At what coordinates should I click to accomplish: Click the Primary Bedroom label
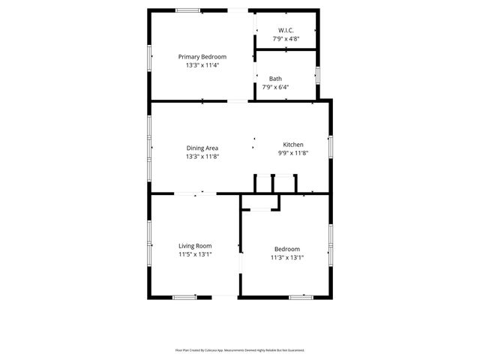pyautogui.click(x=202, y=56)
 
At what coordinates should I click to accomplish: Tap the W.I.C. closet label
pyautogui.click(x=286, y=29)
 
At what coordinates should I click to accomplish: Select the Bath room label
pyautogui.click(x=275, y=78)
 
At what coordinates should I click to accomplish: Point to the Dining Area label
pyautogui.click(x=202, y=148)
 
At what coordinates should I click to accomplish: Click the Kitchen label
pyautogui.click(x=292, y=144)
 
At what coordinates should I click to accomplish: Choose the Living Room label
pyautogui.click(x=195, y=245)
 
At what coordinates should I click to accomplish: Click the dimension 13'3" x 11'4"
pyautogui.click(x=202, y=65)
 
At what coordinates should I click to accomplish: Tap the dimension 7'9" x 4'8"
pyautogui.click(x=286, y=38)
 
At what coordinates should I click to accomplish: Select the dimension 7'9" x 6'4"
pyautogui.click(x=275, y=87)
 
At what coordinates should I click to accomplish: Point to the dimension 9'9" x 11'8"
pyautogui.click(x=292, y=153)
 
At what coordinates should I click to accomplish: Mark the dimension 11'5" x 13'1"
pyautogui.click(x=195, y=254)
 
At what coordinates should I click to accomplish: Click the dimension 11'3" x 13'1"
pyautogui.click(x=286, y=258)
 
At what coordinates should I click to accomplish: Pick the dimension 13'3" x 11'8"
pyautogui.click(x=202, y=157)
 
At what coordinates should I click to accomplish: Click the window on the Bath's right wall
pyautogui.click(x=318, y=75)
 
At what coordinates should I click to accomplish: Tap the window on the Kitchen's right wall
pyautogui.click(x=330, y=147)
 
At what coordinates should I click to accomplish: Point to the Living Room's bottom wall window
pyautogui.click(x=184, y=297)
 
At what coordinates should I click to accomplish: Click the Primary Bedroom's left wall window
pyautogui.click(x=149, y=55)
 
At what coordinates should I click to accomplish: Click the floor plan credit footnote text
pyautogui.click(x=240, y=349)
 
